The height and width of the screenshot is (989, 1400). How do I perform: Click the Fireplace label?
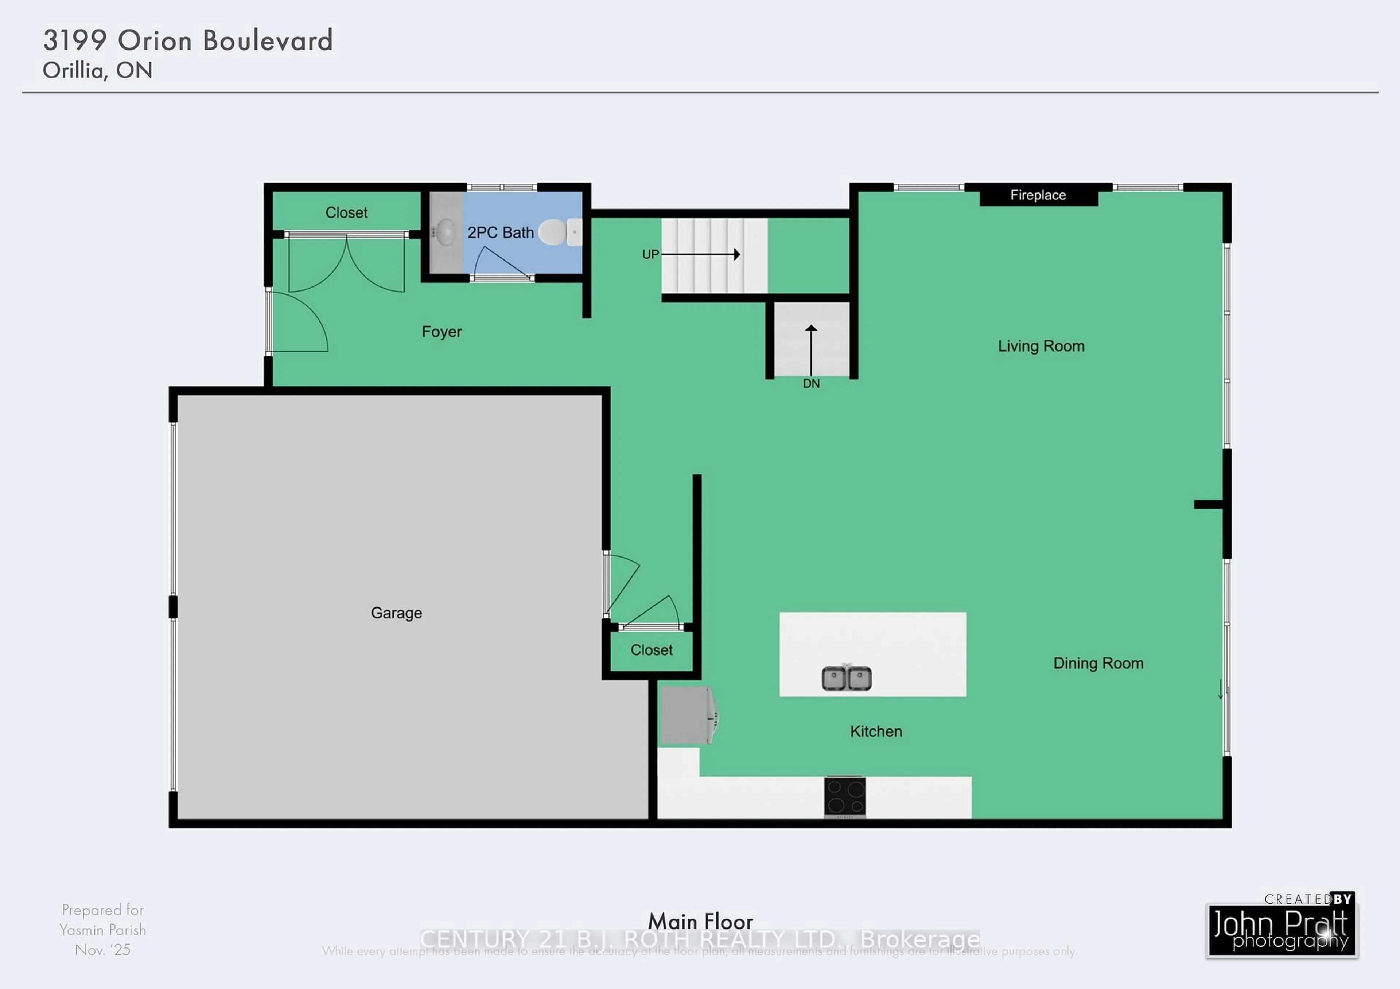pos(1038,195)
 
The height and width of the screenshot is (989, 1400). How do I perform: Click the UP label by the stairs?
pos(650,254)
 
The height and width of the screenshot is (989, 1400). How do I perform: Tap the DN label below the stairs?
pos(811,384)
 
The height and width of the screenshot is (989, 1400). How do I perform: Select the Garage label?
pos(396,613)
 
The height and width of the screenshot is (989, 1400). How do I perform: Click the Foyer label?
pos(442,332)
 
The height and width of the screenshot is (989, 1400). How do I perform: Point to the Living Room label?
pos(1041,346)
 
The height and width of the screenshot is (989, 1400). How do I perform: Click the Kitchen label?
pos(876,731)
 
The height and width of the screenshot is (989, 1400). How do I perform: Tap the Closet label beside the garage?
pos(651,650)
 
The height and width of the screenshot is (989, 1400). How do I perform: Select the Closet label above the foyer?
pos(346,213)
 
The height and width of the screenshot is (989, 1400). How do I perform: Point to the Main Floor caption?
pos(700,921)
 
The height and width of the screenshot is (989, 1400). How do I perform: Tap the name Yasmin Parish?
pos(102,930)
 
